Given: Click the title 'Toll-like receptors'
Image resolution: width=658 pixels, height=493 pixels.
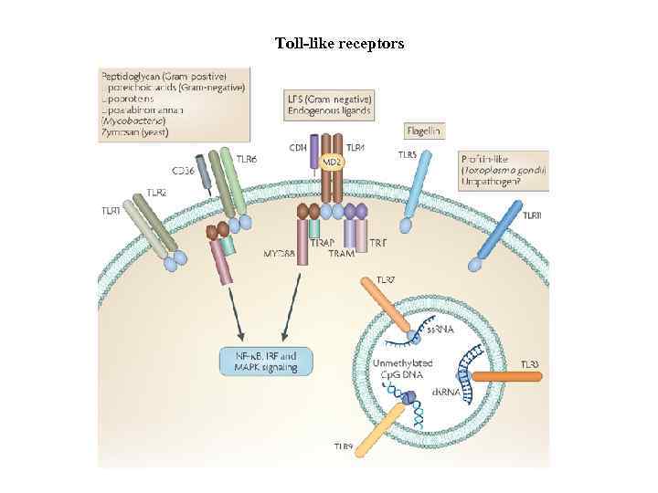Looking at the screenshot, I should point(339,43).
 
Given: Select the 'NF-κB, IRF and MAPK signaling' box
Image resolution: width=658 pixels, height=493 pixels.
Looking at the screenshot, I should point(266,361).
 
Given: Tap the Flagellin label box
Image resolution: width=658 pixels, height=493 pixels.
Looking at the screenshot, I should point(424,131).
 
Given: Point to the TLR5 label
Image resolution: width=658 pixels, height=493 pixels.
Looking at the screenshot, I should point(408,155).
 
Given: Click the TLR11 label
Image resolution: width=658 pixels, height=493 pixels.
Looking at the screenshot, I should point(533,215).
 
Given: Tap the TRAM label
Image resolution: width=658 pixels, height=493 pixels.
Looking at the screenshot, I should point(341,253).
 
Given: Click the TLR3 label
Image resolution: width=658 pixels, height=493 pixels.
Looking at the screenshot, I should point(531,364).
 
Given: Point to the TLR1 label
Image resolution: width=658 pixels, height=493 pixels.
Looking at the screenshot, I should point(111,211).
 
